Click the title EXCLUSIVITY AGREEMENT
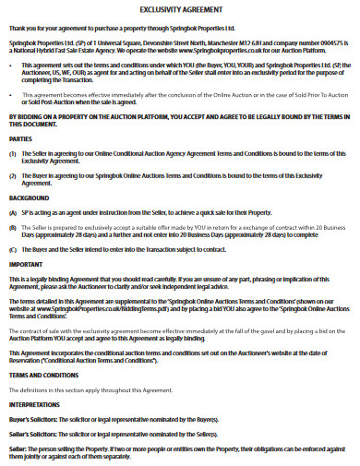click(x=180, y=9)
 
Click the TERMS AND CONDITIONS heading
click(x=42, y=376)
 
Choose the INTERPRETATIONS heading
click(x=36, y=404)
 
